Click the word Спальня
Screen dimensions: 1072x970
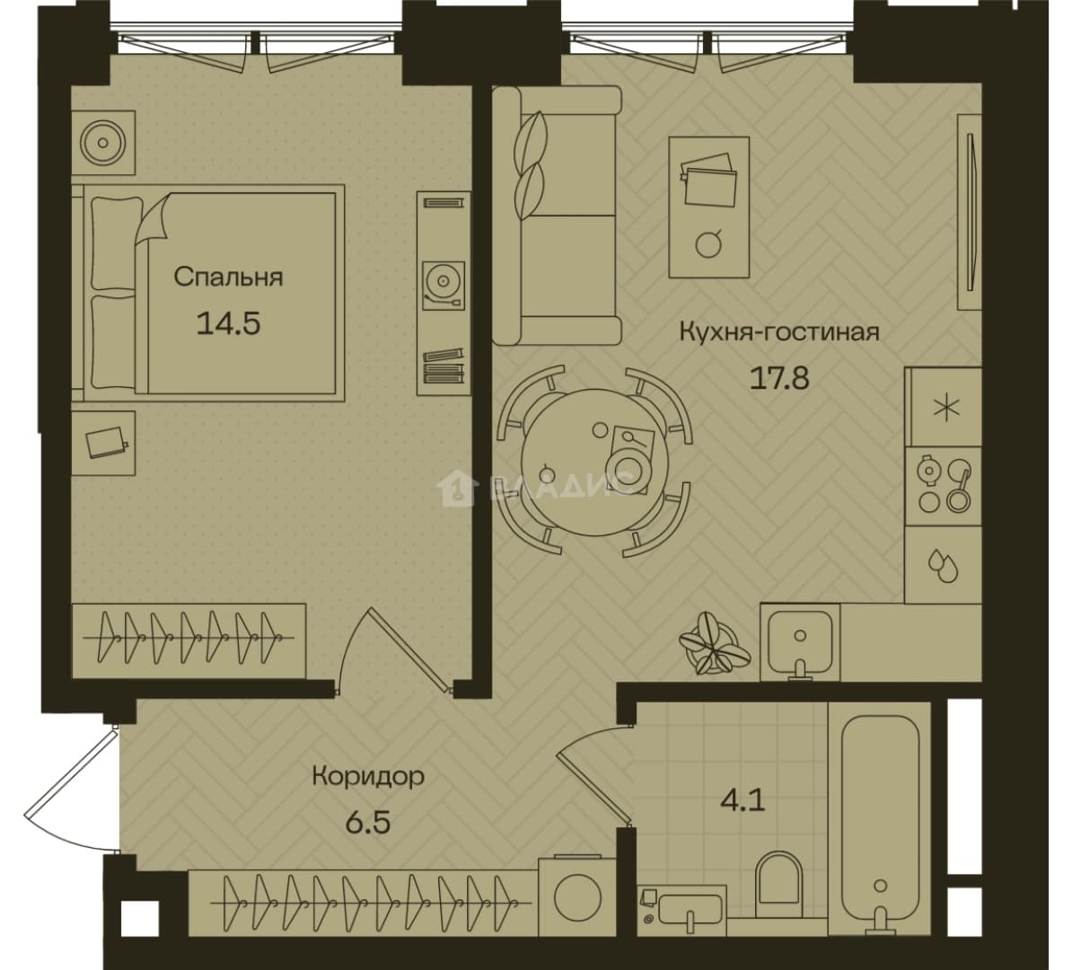228,277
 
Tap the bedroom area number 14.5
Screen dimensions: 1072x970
228,322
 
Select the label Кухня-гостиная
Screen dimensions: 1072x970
779,332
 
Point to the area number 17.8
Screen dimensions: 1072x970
779,377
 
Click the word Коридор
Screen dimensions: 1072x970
368,776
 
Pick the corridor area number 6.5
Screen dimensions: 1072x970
368,822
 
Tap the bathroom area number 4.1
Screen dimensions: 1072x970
742,799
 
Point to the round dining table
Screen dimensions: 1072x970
594,462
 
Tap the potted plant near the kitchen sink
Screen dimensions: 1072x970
715,644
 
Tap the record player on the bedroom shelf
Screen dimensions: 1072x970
443,285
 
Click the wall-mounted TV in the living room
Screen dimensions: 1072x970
970,211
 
